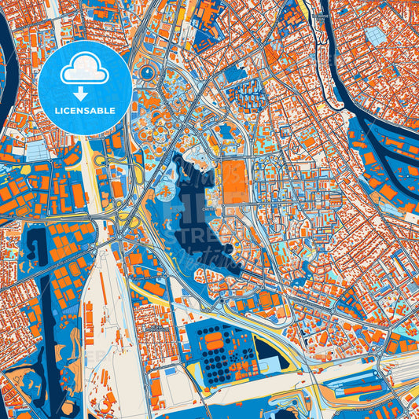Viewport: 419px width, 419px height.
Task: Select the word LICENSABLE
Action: point(85,111)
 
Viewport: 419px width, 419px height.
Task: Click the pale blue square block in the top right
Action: point(377,36)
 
